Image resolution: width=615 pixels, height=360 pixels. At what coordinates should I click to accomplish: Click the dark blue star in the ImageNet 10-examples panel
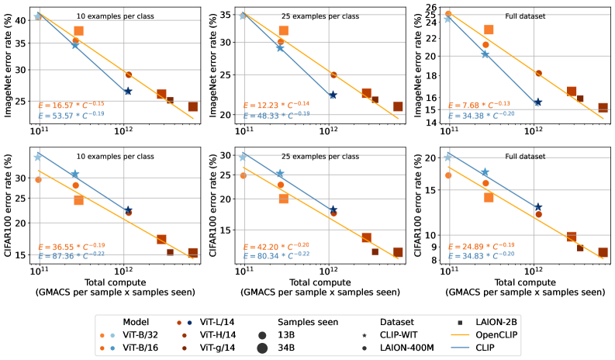[x=128, y=92]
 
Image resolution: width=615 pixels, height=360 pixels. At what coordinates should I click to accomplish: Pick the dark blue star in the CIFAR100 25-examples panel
[x=333, y=210]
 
